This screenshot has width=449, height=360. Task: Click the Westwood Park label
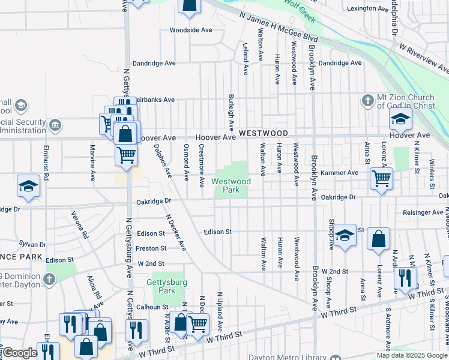pyautogui.click(x=231, y=185)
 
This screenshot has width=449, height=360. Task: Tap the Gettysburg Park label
pyautogui.click(x=167, y=286)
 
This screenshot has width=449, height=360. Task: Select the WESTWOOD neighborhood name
pyautogui.click(x=264, y=133)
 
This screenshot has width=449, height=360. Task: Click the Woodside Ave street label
pyautogui.click(x=191, y=29)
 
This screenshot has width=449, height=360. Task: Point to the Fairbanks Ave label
pyautogui.click(x=155, y=100)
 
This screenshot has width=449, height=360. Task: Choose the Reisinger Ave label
pyautogui.click(x=423, y=212)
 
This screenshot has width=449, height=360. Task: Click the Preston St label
pyautogui.click(x=151, y=248)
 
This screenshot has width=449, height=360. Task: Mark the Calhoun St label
pyautogui.click(x=151, y=307)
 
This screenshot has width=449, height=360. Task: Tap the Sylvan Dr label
pyautogui.click(x=32, y=244)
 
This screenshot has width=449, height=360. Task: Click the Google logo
pyautogui.click(x=20, y=353)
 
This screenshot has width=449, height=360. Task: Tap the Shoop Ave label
pyautogui.click(x=331, y=238)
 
